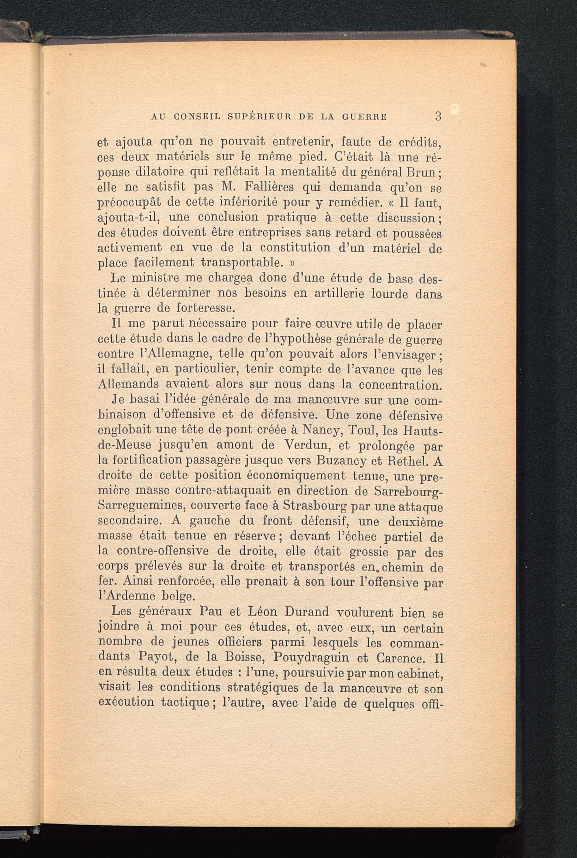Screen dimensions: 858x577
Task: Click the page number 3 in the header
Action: tap(438, 116)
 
